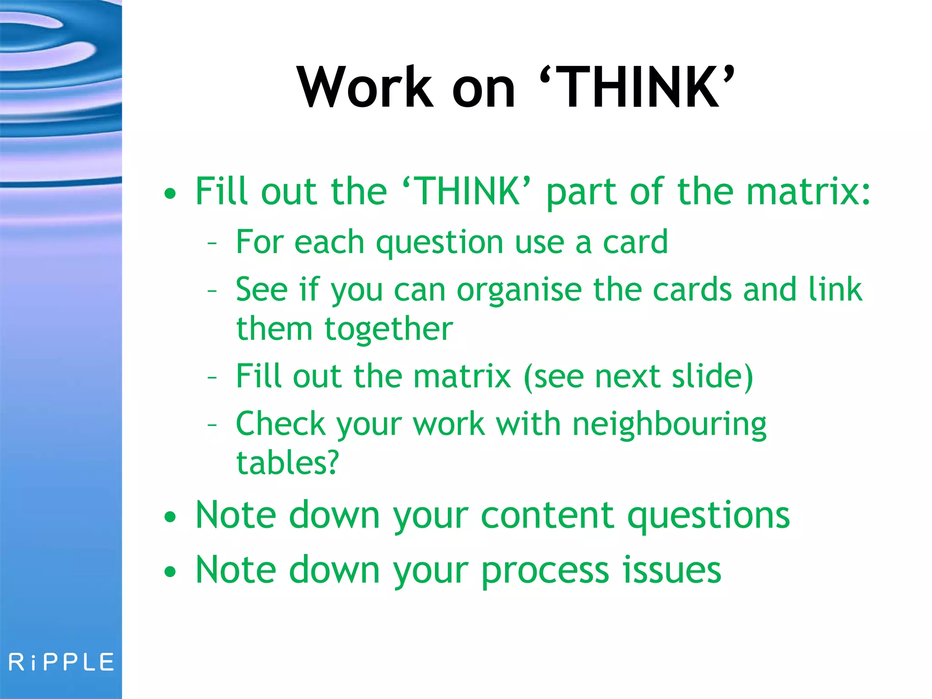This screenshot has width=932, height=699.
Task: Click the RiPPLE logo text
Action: point(61,662)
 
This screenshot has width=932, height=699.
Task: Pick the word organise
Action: point(519,290)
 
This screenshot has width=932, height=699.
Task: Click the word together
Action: point(389,329)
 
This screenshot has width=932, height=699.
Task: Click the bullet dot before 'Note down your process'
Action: point(170,572)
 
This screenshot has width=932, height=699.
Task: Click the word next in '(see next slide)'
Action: point(628,376)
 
